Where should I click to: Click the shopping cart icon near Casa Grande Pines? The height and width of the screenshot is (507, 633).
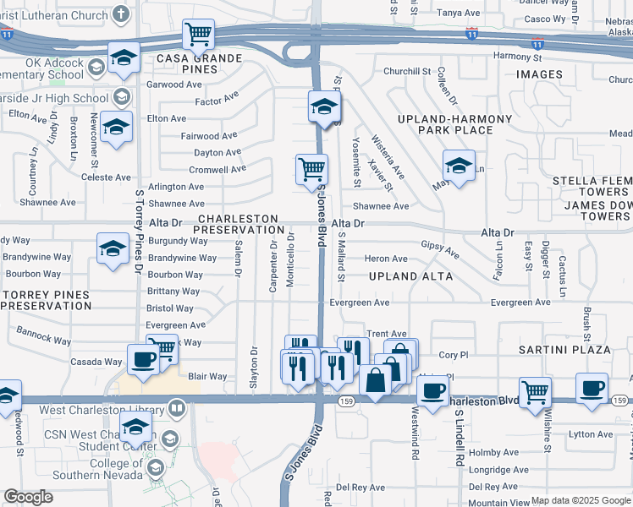click(x=198, y=35)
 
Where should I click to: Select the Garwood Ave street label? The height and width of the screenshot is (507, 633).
click(x=174, y=84)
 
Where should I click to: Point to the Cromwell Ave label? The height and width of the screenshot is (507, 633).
click(x=217, y=169)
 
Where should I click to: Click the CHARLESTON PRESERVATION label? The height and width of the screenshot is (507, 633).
click(x=241, y=224)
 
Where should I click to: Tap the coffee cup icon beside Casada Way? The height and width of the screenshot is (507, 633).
click(x=142, y=359)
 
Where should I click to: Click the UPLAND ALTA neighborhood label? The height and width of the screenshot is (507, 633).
click(x=410, y=276)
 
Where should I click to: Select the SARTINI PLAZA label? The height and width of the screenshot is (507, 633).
click(x=565, y=349)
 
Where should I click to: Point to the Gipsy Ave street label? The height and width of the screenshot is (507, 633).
click(x=440, y=249)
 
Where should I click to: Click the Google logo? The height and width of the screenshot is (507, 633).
click(x=29, y=497)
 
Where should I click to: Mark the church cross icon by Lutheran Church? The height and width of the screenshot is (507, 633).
click(x=121, y=14)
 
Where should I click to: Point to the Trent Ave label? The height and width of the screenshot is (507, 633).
click(x=386, y=334)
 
